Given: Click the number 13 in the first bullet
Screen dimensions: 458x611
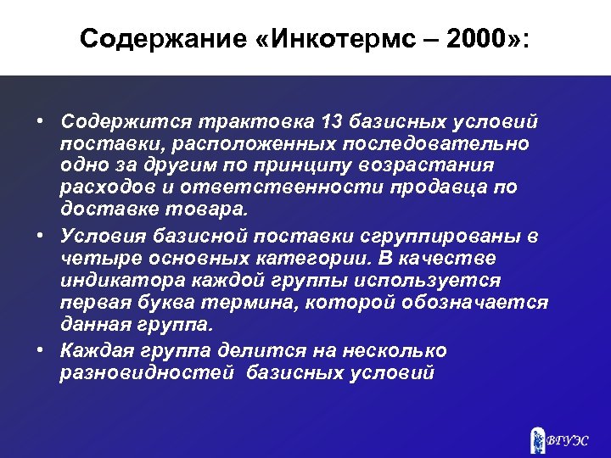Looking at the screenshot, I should click(x=333, y=121).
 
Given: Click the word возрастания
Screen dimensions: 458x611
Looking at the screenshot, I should click(x=433, y=165).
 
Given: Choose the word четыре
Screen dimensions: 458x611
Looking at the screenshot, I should click(x=94, y=258).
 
